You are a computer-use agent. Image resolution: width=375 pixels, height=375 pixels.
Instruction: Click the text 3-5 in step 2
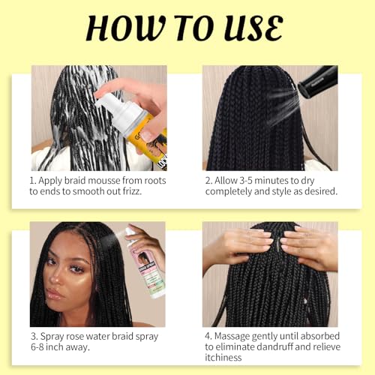[x=259, y=181]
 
